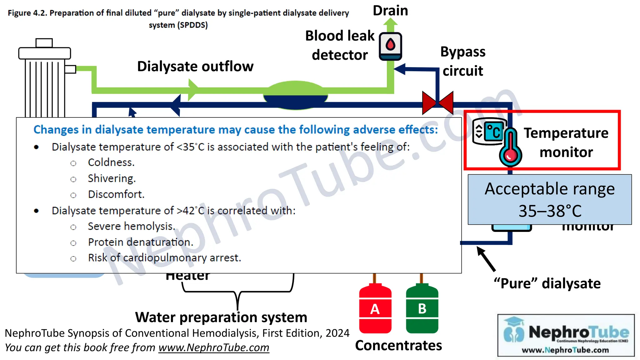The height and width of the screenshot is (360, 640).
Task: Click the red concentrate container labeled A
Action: (x=375, y=309)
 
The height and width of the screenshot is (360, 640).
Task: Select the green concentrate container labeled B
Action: (x=422, y=309)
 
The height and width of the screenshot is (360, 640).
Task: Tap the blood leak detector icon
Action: (x=390, y=46)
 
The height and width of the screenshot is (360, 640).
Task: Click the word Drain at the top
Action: (x=390, y=11)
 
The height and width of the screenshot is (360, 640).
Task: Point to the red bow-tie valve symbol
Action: (x=437, y=102)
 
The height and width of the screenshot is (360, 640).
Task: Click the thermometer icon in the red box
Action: (x=510, y=147)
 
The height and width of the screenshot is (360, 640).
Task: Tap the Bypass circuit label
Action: (x=463, y=61)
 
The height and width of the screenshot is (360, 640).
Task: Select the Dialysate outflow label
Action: (x=195, y=66)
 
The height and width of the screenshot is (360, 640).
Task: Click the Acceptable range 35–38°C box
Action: (x=549, y=199)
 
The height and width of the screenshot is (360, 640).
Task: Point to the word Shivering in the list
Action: (x=112, y=178)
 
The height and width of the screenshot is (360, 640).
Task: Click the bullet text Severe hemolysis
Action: (x=131, y=226)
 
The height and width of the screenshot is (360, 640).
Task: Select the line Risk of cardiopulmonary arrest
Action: (x=164, y=258)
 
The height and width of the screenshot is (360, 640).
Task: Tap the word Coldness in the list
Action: (x=111, y=162)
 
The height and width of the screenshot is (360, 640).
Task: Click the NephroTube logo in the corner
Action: (x=566, y=335)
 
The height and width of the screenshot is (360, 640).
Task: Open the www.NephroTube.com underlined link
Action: (x=214, y=347)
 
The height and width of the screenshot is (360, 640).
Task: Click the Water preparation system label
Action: (x=221, y=317)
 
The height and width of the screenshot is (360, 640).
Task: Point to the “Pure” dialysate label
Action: (x=547, y=283)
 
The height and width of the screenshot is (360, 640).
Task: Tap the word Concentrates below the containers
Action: (x=398, y=345)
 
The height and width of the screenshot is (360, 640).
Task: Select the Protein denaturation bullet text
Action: (x=141, y=242)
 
